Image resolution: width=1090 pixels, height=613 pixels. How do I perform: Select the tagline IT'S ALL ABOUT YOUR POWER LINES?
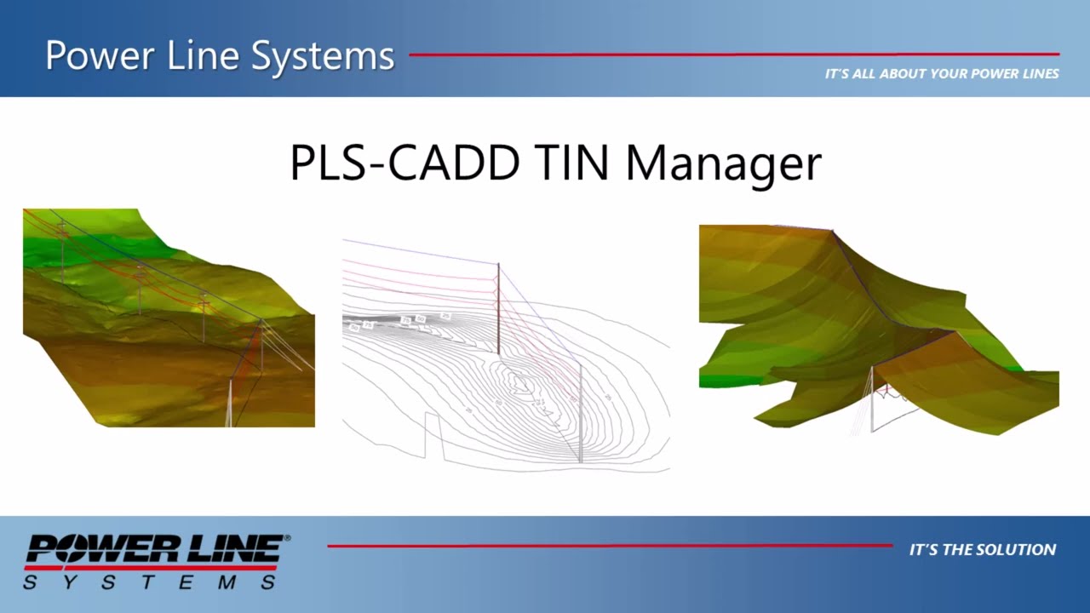point(941,74)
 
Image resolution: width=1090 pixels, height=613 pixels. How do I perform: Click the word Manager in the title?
point(723,164)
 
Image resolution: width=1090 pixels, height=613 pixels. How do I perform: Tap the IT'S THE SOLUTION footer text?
point(982,550)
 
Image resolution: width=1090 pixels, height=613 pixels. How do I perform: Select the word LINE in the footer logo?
point(239,548)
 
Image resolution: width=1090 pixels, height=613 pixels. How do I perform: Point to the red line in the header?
point(732,54)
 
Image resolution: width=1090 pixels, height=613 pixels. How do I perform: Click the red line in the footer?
point(609,546)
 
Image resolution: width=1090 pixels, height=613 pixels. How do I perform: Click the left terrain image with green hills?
point(169,317)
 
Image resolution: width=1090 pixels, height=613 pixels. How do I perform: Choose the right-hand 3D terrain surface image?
point(877,328)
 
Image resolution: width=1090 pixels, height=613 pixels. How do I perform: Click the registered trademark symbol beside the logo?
point(287,538)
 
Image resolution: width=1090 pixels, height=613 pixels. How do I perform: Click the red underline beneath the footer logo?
point(151,567)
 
